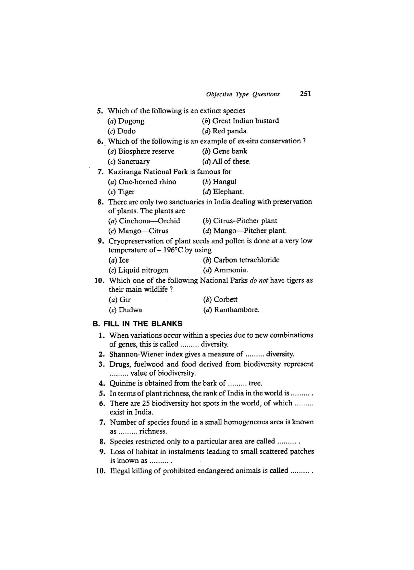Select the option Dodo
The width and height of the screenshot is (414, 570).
(x=126, y=131)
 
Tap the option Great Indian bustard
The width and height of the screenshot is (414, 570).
(x=245, y=121)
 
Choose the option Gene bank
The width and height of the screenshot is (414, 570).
(x=230, y=151)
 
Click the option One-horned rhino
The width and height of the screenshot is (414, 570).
(x=147, y=182)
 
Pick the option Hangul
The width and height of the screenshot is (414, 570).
(x=224, y=182)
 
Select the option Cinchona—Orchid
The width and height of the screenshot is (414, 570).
(x=149, y=221)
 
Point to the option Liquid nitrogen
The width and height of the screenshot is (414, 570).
(x=143, y=270)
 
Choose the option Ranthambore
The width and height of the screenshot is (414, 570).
(x=236, y=310)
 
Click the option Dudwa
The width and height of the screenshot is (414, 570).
(x=130, y=310)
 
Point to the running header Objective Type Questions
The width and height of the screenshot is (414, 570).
(x=243, y=94)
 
